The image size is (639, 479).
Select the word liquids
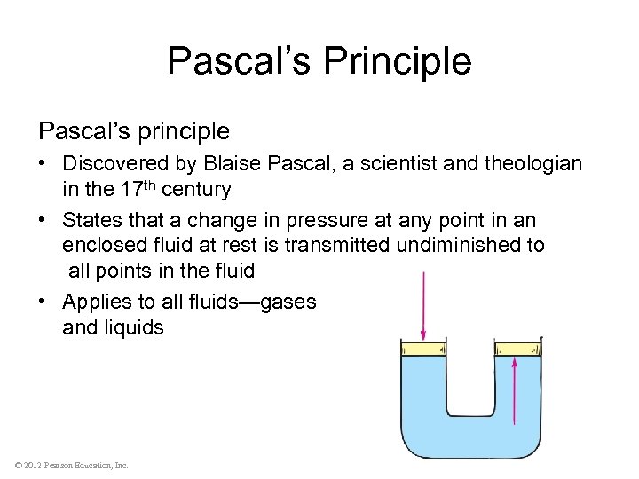tap(133, 328)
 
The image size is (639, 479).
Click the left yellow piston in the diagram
tap(423, 349)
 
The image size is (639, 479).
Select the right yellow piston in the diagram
tap(517, 349)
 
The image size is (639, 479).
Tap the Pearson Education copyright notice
tap(71, 465)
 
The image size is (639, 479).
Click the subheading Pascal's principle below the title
tap(134, 131)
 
